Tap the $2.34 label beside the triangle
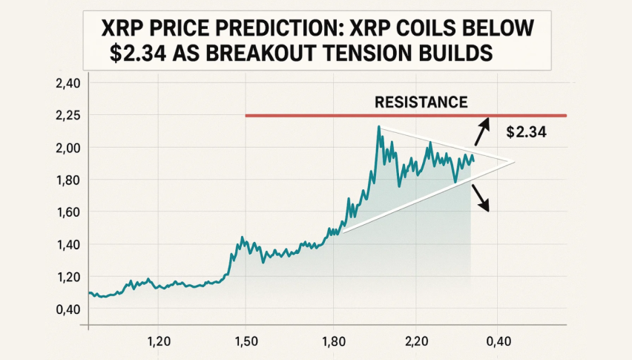tap(529, 133)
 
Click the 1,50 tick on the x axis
tap(246, 341)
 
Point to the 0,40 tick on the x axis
tap(498, 341)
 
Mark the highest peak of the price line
tap(379, 128)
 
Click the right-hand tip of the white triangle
tap(514, 162)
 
